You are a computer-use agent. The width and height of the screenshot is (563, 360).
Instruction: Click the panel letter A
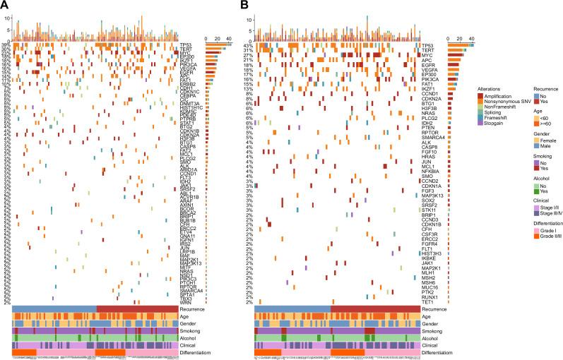5,6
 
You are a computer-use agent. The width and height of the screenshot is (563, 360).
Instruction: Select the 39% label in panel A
6,44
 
